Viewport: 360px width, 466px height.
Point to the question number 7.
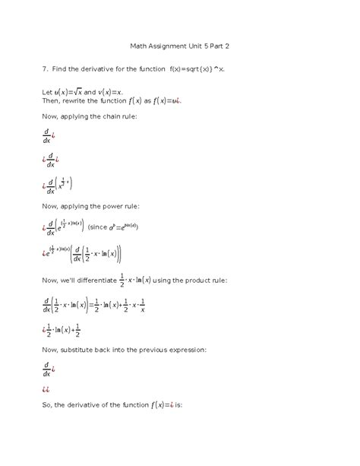point(43,68)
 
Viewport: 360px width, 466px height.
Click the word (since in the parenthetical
point(99,227)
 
